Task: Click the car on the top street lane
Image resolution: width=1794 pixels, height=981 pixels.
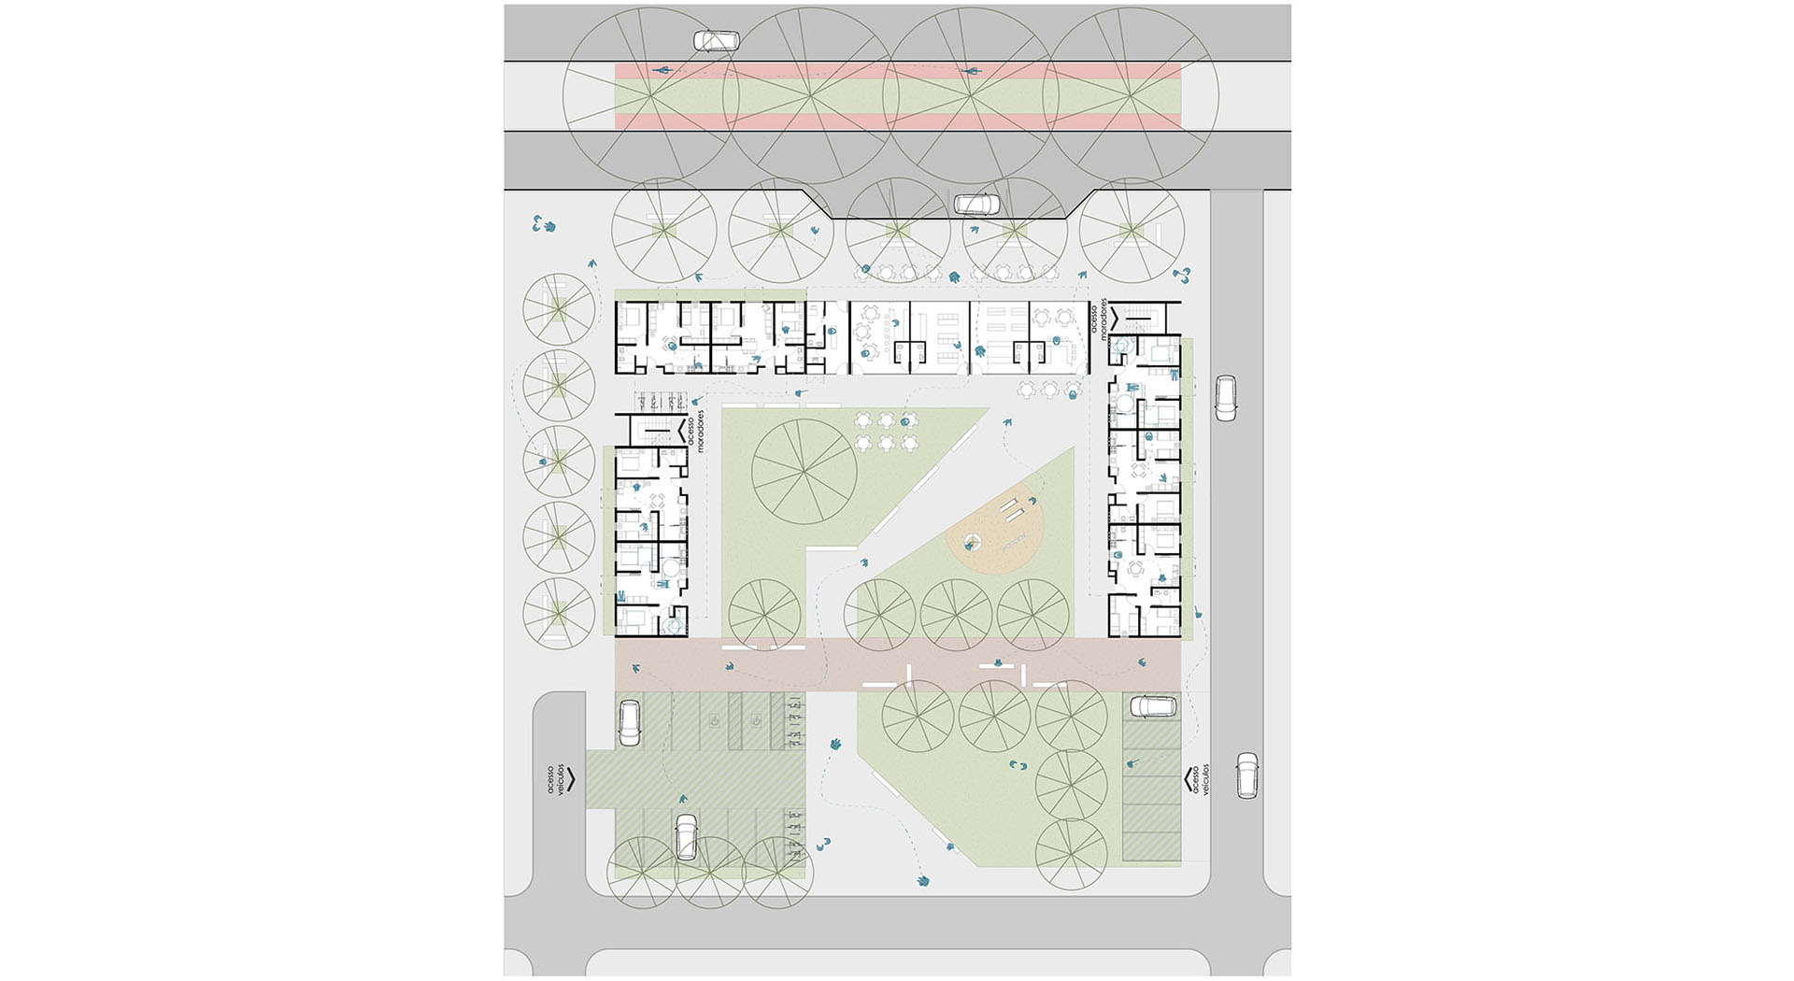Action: [715, 41]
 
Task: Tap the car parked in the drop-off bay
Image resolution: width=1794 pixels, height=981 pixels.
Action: [976, 204]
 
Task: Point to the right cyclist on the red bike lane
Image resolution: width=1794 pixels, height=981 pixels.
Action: [970, 71]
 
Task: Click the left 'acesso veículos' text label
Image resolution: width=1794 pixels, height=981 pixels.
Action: [557, 778]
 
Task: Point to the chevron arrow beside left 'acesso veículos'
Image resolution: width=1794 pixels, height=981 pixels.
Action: [571, 778]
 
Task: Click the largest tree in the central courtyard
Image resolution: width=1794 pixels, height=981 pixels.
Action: [804, 472]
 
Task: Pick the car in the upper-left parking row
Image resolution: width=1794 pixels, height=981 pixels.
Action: [630, 723]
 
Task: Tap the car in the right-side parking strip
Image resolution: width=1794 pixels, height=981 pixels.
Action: [1155, 705]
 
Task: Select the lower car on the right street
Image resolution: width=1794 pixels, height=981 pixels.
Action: [1247, 775]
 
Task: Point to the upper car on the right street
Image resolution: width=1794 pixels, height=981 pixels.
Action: [1225, 398]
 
